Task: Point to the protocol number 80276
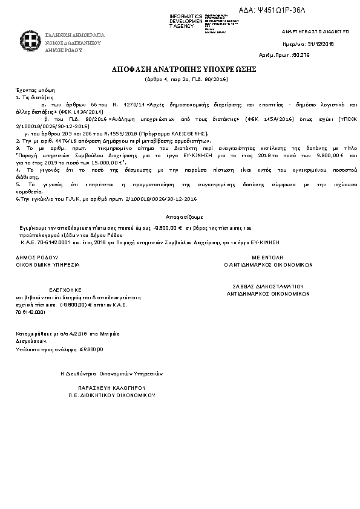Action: [301, 55]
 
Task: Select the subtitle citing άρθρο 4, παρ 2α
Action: [180, 79]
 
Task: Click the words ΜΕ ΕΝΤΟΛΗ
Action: [268, 258]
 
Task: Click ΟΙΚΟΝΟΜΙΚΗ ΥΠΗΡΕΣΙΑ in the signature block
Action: [47, 265]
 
